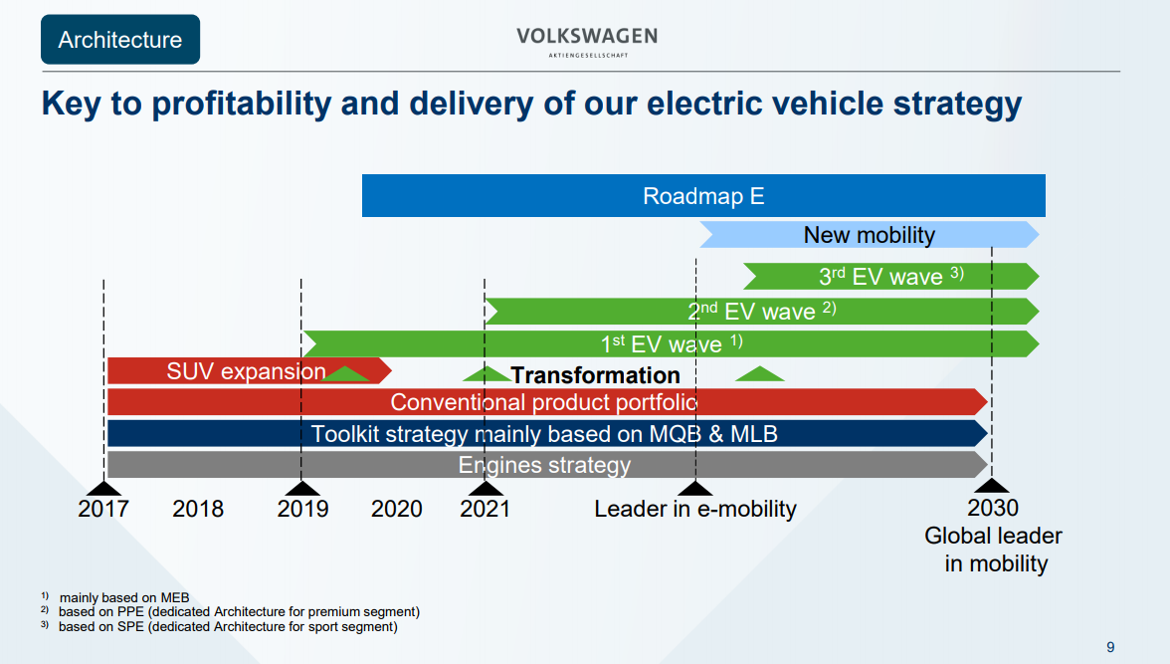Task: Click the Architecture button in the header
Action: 120,40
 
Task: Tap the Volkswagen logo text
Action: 586,37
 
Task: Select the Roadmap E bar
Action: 703,195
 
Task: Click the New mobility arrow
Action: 869,235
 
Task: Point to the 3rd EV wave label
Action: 890,276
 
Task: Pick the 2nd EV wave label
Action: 761,311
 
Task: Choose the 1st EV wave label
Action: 672,344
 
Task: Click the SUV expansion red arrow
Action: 247,371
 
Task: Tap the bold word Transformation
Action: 595,375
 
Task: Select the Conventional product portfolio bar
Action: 544,402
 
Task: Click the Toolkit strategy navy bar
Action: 544,434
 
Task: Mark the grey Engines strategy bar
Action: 544,465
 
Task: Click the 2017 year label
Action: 103,509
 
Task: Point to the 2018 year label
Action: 198,509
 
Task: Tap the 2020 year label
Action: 396,509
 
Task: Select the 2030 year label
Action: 992,509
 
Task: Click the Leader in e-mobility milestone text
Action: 695,509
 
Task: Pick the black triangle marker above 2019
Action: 301,488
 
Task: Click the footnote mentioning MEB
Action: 123,597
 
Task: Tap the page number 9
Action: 1110,645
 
